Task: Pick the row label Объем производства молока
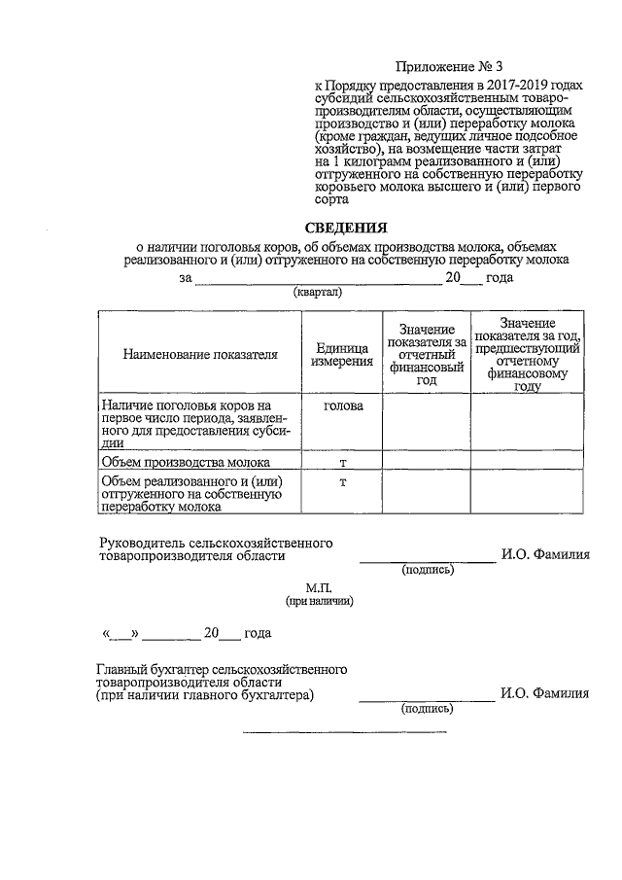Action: (185, 462)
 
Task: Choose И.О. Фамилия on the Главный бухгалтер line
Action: (545, 694)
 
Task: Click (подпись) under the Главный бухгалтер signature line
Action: (428, 709)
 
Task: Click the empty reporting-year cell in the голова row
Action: (425, 423)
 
